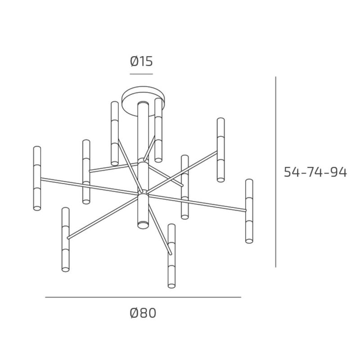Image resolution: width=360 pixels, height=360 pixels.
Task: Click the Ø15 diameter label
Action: pyautogui.click(x=142, y=61)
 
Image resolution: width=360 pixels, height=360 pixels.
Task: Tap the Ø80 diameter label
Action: pyautogui.click(x=143, y=313)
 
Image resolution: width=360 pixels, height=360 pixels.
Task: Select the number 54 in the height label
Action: pyautogui.click(x=292, y=172)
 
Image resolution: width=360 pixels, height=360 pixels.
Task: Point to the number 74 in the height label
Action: pyautogui.click(x=315, y=172)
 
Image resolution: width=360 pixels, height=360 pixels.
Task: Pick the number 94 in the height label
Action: pyautogui.click(x=338, y=172)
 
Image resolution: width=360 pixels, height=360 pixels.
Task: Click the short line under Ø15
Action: pyautogui.click(x=142, y=73)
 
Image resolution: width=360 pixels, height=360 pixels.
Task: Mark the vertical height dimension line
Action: pyautogui.click(x=275, y=171)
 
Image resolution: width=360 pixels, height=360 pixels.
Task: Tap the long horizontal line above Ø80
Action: pyautogui.click(x=143, y=297)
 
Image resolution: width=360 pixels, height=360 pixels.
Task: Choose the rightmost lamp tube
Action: pyautogui.click(x=249, y=211)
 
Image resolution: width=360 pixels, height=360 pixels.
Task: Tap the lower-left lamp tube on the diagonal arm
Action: pyautogui.click(x=66, y=239)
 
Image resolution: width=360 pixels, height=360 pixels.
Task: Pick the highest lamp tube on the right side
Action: pyautogui.click(x=220, y=150)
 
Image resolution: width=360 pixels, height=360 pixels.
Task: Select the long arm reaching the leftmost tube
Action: pyautogui.click(x=85, y=185)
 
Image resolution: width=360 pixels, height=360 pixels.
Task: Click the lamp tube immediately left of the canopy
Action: pyautogui.click(x=115, y=133)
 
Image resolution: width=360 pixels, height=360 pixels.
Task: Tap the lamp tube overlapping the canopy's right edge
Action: pyautogui.click(x=158, y=130)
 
